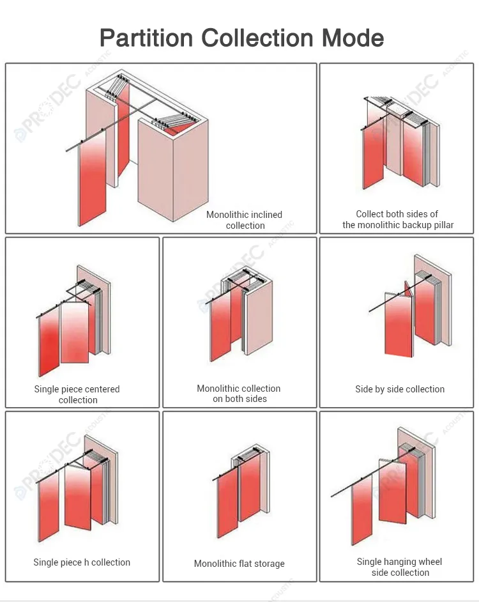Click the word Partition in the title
(x=146, y=38)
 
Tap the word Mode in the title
(x=353, y=38)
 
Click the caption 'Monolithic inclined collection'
(x=244, y=220)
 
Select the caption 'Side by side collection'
(x=400, y=389)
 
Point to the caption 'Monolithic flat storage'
(x=240, y=564)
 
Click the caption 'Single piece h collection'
(x=82, y=562)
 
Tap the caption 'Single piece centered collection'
(x=77, y=394)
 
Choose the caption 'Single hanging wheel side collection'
(x=399, y=567)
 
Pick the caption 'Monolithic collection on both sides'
(x=240, y=394)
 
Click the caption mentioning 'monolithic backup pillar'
(x=398, y=219)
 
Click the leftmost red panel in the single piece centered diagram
(x=49, y=345)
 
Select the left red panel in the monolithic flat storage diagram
(x=227, y=505)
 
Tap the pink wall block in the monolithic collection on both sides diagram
(x=259, y=320)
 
